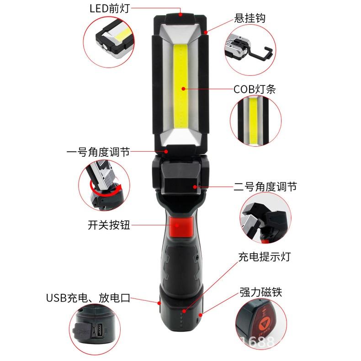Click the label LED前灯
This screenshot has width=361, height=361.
(108, 8)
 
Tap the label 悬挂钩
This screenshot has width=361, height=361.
(250, 18)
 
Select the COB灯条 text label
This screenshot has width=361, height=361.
(255, 89)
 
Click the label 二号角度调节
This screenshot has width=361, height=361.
(265, 186)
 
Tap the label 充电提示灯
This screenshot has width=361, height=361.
(264, 256)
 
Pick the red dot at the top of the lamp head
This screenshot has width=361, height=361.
(181, 15)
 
